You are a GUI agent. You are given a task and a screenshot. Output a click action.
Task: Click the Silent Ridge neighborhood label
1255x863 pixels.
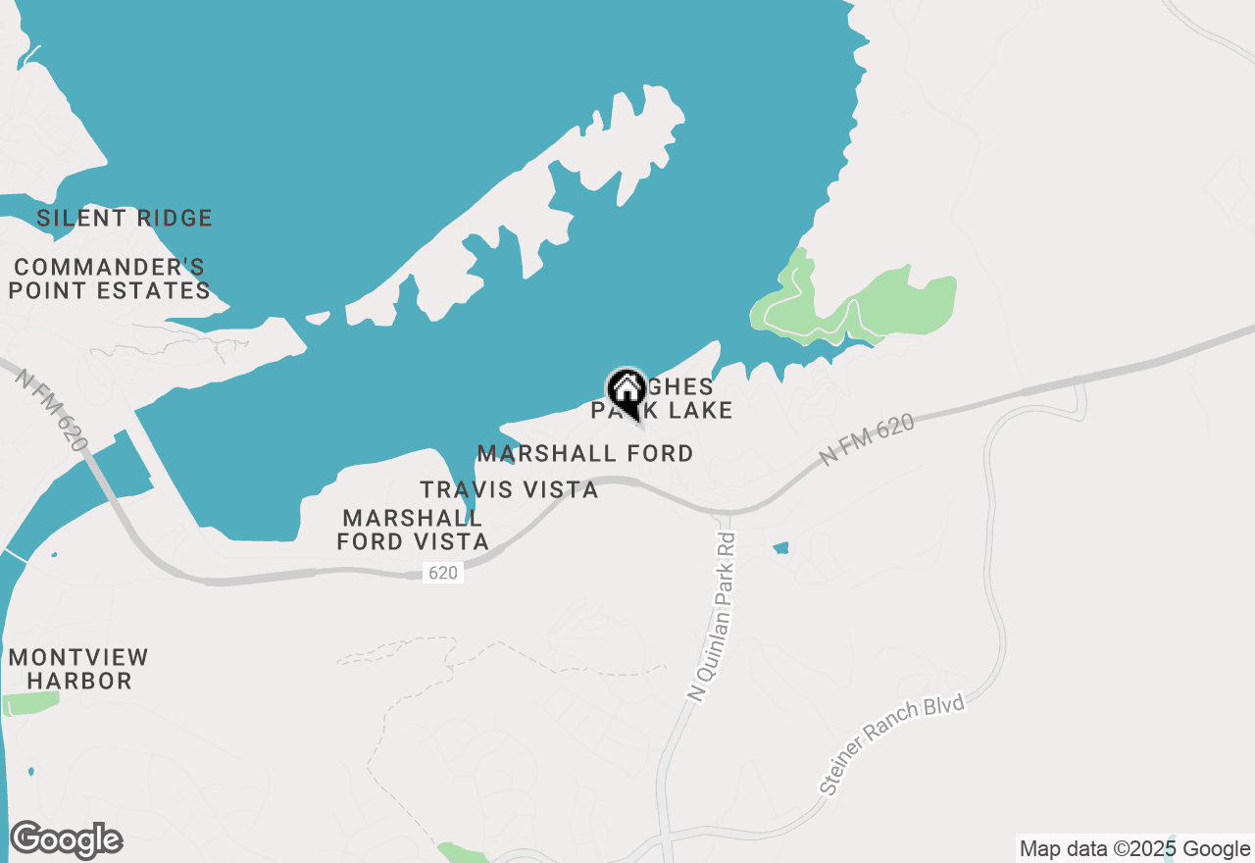(125, 218)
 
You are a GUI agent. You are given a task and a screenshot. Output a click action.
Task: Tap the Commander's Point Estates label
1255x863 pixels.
(110, 279)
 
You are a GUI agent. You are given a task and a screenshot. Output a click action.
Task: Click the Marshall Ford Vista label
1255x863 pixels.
(413, 530)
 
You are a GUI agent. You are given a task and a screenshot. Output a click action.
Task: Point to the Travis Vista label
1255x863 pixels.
(509, 489)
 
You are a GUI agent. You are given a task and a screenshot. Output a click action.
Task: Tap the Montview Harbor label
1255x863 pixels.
(78, 669)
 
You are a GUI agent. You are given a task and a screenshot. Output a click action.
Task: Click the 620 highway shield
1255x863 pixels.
(443, 573)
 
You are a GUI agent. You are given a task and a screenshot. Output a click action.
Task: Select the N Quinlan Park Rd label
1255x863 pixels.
(713, 618)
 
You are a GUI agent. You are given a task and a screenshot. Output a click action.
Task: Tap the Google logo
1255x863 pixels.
(66, 840)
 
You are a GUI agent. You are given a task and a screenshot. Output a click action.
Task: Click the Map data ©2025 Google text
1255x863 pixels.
(1134, 849)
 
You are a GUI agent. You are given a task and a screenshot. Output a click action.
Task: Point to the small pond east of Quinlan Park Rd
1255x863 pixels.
(780, 548)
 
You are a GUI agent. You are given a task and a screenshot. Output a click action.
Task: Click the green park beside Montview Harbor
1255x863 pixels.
(30, 702)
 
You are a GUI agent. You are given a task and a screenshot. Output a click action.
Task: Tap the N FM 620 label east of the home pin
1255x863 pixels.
(868, 438)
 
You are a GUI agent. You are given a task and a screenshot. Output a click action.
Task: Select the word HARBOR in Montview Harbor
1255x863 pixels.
(78, 681)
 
